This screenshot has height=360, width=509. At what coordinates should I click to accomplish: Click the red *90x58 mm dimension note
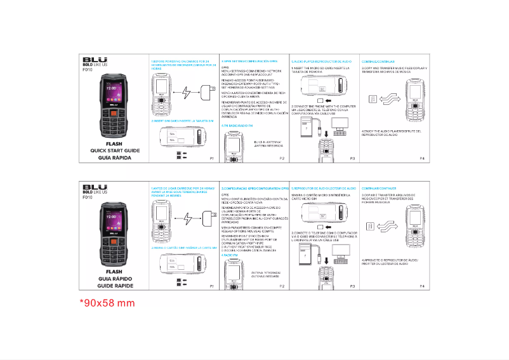(x=107, y=303)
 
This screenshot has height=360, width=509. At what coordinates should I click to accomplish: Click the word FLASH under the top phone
(x=114, y=145)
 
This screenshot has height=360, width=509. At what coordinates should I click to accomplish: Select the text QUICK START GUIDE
(x=114, y=150)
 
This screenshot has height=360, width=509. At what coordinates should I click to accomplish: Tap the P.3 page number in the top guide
(x=352, y=157)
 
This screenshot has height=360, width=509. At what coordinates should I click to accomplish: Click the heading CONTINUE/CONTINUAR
(x=379, y=61)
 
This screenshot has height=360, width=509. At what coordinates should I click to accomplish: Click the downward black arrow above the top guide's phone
(x=325, y=134)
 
